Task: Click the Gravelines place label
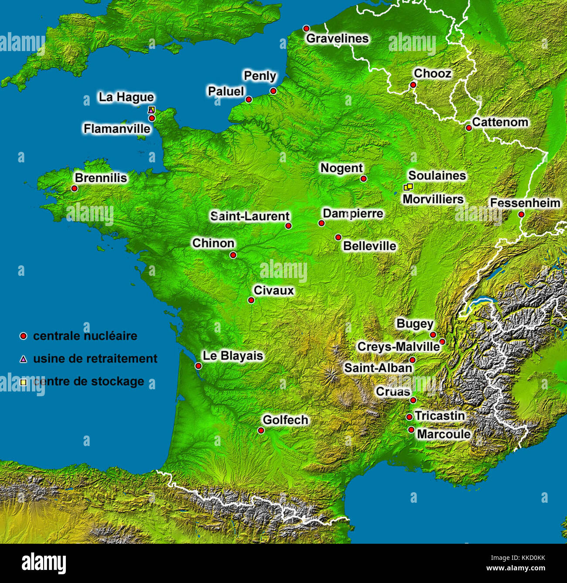[337, 38]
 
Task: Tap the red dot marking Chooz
[413, 85]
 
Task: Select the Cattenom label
[500, 122]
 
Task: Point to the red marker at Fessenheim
[521, 214]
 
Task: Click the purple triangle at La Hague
[151, 110]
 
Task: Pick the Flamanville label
[117, 129]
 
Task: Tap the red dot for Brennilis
[74, 189]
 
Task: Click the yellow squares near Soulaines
[408, 187]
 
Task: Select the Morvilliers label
[433, 199]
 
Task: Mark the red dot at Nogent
[363, 178]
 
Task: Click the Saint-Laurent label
[249, 216]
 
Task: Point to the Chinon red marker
[233, 255]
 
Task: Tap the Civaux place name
[274, 290]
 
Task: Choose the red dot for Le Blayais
[198, 366]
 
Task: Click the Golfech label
[285, 420]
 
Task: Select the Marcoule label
[444, 434]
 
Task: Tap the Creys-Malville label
[398, 347]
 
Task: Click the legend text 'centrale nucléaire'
[85, 336]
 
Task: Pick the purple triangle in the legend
[24, 359]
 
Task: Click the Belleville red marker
[338, 237]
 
